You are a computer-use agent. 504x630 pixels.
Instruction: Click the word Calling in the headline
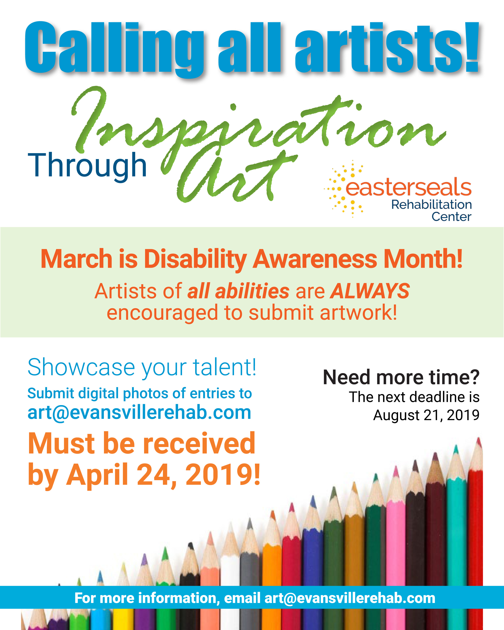tap(114, 48)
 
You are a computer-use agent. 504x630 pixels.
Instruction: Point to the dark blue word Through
tap(87, 166)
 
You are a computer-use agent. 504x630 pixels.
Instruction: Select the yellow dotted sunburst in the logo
tap(345, 189)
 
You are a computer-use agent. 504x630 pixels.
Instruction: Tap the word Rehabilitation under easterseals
tap(431, 205)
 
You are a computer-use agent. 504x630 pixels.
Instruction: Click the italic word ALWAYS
tap(370, 291)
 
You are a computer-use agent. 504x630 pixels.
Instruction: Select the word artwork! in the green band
tap(359, 312)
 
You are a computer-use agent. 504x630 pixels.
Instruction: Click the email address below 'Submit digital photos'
tap(139, 413)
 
